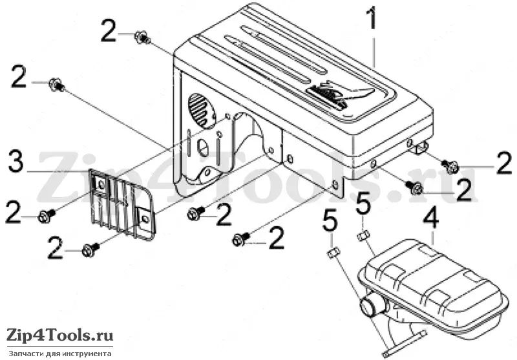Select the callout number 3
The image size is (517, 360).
[x=16, y=162]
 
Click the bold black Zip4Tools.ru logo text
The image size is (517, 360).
[x=60, y=336]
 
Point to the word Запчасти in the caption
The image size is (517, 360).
[x=23, y=354]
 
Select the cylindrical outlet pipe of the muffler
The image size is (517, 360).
[x=373, y=306]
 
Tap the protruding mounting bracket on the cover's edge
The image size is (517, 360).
[x=419, y=147]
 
